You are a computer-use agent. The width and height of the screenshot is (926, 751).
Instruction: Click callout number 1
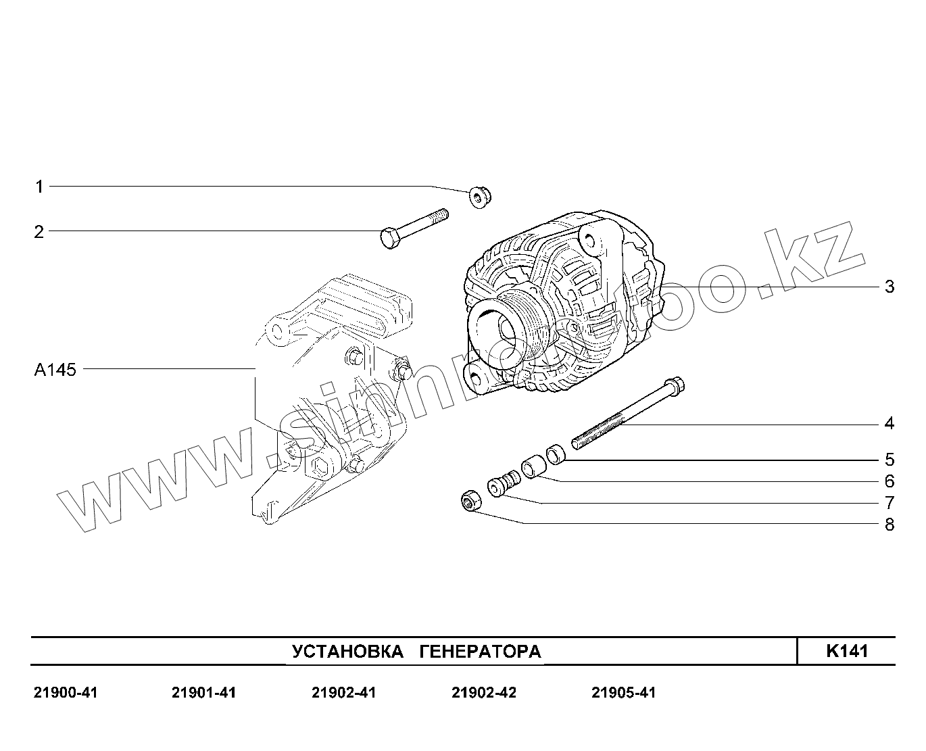39,187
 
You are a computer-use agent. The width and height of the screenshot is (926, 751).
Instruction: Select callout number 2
39,232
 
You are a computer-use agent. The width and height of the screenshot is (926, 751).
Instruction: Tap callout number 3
890,287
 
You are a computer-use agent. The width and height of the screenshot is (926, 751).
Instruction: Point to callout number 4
890,424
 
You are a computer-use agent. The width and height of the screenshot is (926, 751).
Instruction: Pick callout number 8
890,525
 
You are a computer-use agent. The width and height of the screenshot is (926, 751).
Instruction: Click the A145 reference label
55,370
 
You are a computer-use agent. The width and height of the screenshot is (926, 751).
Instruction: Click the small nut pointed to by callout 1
480,197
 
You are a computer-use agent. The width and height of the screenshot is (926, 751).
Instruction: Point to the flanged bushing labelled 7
504,485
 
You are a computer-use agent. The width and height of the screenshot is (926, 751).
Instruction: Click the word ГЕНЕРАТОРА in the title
480,652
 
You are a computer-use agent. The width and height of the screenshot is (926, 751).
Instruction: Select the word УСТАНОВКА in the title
347,652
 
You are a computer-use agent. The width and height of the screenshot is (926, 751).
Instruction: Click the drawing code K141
846,651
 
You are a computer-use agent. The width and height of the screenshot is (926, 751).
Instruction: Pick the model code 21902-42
483,693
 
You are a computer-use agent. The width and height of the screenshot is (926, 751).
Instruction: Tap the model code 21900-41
66,693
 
